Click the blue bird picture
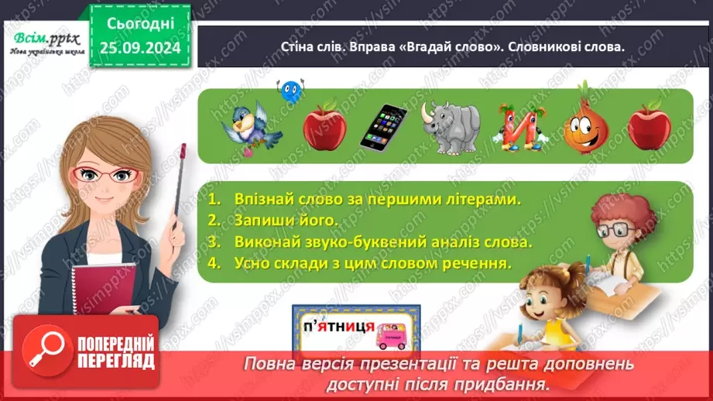[x=252, y=124]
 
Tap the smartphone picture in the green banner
[x=383, y=126]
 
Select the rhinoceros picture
[x=451, y=126]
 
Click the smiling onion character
[x=586, y=124]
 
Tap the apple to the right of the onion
[x=649, y=125]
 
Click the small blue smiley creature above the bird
[x=291, y=91]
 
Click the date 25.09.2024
[x=139, y=49]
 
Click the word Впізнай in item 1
[x=262, y=200]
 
